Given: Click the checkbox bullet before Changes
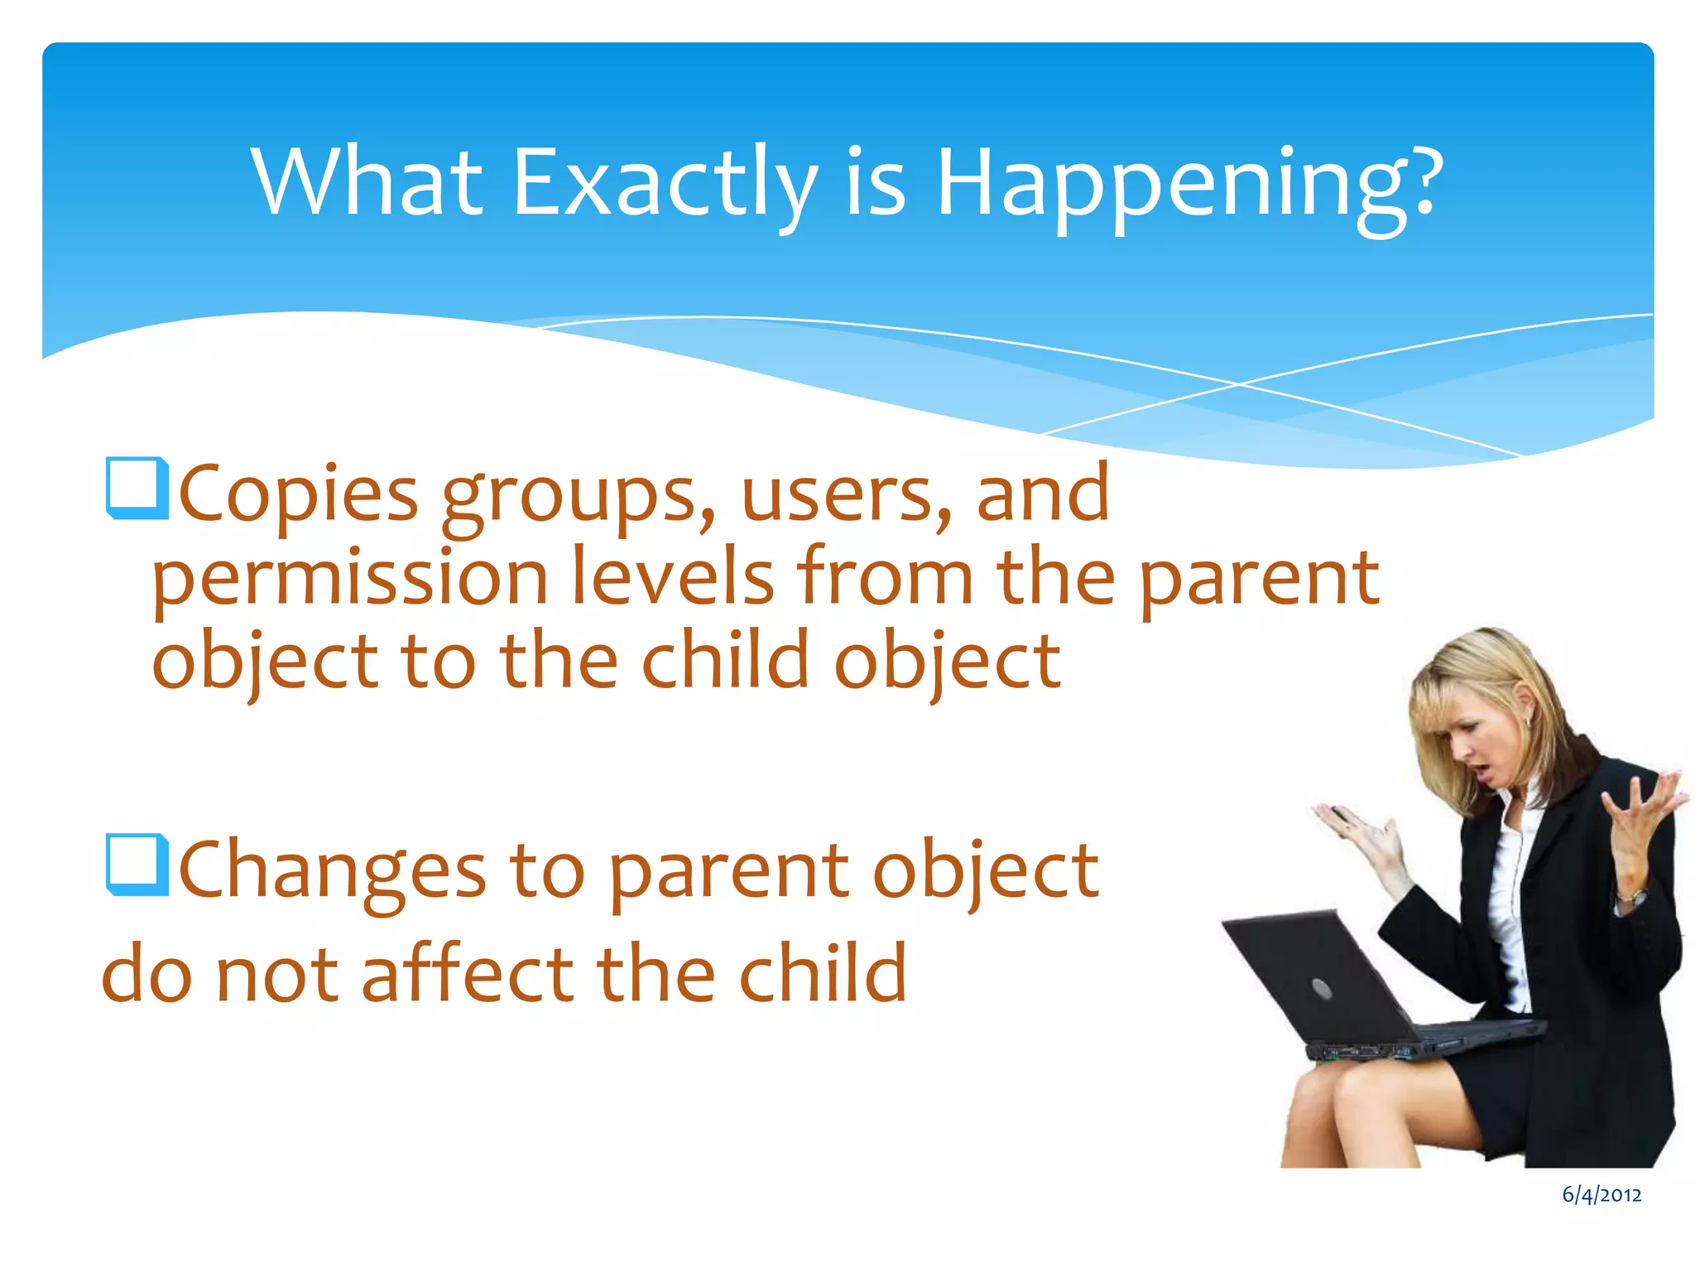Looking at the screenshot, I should tap(137, 865).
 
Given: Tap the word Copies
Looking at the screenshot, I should tap(298, 495).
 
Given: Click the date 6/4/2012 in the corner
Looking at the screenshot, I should tap(1601, 1195).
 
